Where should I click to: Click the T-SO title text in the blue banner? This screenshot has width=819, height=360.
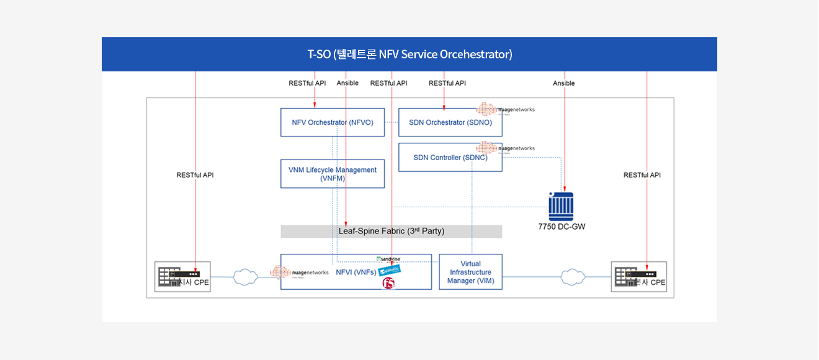409,55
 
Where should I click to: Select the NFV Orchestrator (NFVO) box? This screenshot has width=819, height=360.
333,122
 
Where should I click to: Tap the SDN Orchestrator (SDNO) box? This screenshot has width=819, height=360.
450,122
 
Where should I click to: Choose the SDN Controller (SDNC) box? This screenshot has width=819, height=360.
450,158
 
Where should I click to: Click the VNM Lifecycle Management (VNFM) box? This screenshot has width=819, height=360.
333,174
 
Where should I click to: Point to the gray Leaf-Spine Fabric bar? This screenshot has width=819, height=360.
391,232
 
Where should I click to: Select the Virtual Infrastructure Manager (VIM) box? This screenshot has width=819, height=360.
470,272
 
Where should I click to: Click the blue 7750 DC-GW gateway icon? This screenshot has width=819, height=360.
561,206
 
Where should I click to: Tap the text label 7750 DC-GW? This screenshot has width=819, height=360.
562,227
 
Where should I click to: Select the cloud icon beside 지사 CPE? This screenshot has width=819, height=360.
246,277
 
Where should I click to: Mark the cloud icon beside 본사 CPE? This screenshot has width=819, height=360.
573,277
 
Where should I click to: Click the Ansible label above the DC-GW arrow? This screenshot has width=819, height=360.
564,83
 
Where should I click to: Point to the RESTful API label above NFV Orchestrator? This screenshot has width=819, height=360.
307,83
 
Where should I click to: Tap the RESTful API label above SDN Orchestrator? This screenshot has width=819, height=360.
447,83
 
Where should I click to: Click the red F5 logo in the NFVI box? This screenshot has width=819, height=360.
389,284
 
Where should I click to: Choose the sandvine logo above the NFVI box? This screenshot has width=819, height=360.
388,259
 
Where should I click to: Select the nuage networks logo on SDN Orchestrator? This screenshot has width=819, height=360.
505,110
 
